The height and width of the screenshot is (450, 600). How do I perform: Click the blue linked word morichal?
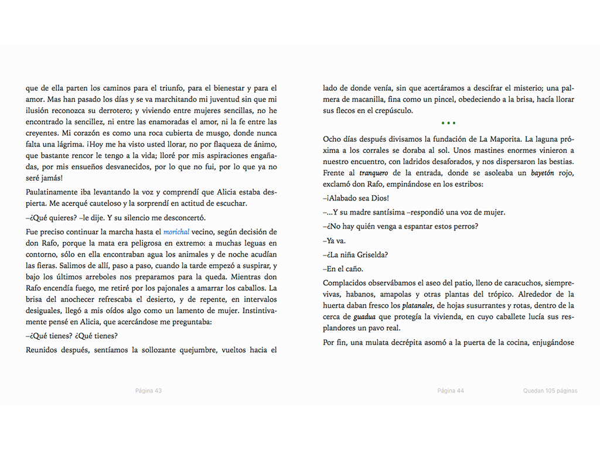point(176,232)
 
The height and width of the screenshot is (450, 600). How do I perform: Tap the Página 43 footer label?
point(148,391)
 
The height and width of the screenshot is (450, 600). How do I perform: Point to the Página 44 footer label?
point(451,391)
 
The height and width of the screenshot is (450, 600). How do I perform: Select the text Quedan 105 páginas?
point(550,391)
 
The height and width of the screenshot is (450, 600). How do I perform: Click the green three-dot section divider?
point(448,123)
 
